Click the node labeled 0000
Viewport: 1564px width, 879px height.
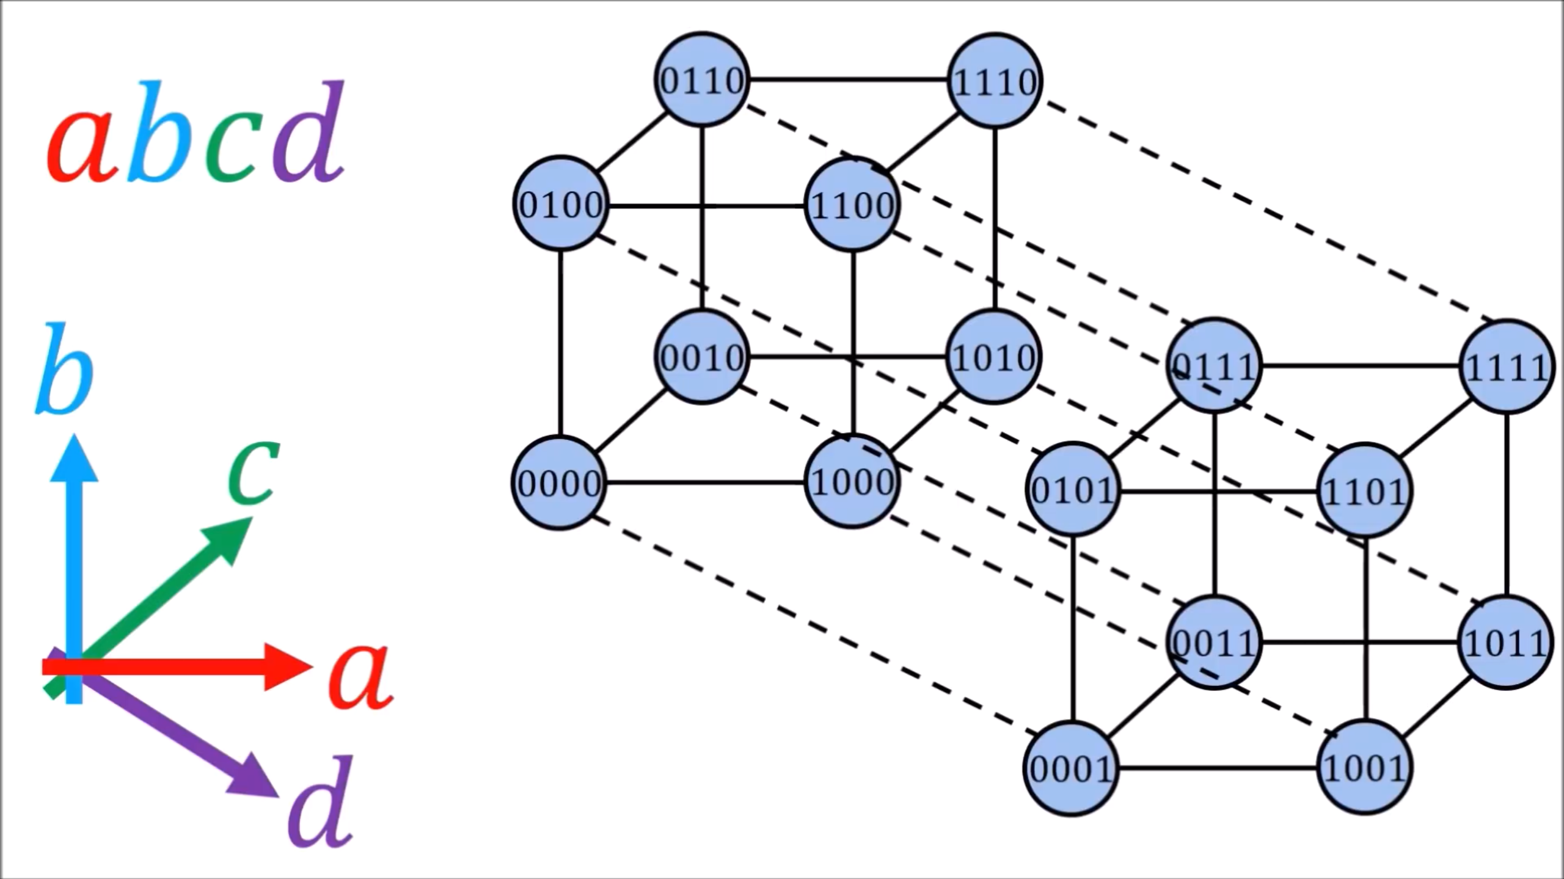[559, 483]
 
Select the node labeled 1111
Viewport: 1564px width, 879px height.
[1506, 367]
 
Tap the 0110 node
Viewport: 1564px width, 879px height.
[702, 80]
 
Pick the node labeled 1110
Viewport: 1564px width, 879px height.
[995, 81]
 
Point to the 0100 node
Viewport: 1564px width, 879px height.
[560, 204]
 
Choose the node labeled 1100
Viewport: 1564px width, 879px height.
[852, 205]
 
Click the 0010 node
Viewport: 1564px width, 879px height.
[702, 357]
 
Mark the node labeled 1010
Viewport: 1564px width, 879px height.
[993, 357]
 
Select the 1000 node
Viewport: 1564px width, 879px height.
[852, 482]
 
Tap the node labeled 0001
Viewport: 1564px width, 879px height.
[1071, 768]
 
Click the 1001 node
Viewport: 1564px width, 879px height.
[1364, 768]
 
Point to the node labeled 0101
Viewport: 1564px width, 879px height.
[1073, 489]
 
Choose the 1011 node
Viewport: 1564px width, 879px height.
[1505, 643]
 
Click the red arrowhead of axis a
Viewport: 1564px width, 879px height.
[287, 667]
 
